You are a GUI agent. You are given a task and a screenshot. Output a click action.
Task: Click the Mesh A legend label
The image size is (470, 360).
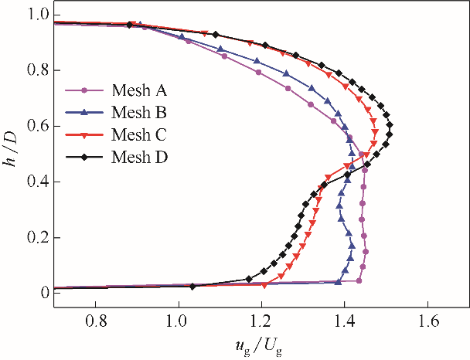pos(138,90)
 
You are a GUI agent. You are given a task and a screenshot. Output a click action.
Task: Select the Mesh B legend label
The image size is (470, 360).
pos(138,113)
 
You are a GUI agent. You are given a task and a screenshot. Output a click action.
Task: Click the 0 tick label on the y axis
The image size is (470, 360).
pos(46,293)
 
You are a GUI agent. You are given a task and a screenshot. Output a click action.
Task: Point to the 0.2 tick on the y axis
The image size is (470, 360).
pos(39,237)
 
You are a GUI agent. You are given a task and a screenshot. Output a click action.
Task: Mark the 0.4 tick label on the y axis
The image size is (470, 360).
pos(39,182)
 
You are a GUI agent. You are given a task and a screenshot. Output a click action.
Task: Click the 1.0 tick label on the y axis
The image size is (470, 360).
pos(39,15)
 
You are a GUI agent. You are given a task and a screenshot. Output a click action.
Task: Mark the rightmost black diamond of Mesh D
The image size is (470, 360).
pos(390,125)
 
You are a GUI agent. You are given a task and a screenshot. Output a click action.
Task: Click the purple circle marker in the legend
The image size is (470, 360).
pos(83,90)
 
